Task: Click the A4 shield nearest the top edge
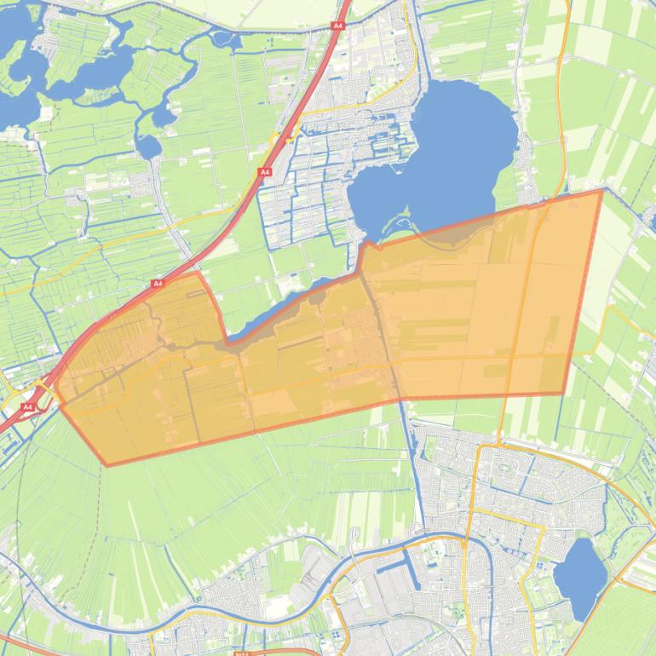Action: tap(337, 26)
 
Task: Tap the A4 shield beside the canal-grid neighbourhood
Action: tap(265, 172)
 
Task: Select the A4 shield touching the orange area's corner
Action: tap(158, 283)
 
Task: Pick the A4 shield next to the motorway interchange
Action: tap(27, 407)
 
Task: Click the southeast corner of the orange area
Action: tap(564, 393)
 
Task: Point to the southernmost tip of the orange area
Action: tap(106, 465)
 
